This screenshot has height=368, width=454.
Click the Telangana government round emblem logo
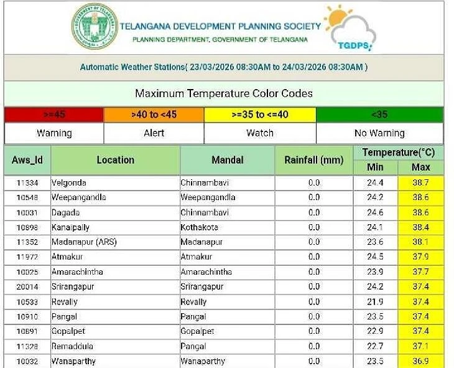[94, 28]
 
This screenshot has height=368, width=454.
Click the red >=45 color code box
[54, 115]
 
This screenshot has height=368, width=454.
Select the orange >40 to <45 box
[154, 115]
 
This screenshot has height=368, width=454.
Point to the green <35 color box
[379, 115]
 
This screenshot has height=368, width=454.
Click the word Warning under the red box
[54, 133]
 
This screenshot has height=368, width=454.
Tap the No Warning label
[379, 133]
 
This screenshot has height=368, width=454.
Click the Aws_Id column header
[27, 160]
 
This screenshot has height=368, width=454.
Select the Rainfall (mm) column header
[313, 160]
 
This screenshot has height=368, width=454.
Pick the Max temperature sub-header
[421, 167]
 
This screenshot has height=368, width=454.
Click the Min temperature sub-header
[375, 167]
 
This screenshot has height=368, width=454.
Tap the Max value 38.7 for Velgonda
[421, 183]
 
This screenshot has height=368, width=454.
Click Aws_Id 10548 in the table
[27, 197]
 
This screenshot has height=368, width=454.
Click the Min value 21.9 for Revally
[375, 301]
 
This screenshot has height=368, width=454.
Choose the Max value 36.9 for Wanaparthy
[421, 361]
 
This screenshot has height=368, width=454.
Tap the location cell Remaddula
[72, 346]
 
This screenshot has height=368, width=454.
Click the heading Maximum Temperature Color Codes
[224, 94]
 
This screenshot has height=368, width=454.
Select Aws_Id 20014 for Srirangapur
[27, 286]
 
